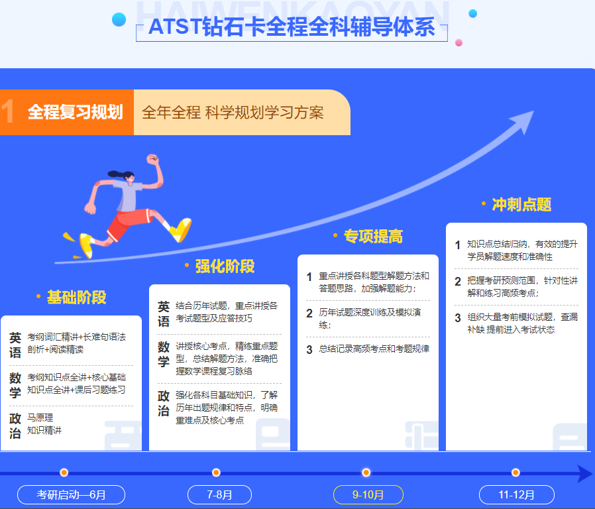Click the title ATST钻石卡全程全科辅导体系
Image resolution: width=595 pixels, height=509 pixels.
[x=292, y=27]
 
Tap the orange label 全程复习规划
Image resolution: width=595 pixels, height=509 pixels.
[x=76, y=112]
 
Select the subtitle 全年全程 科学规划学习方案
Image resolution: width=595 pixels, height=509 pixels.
[x=233, y=113]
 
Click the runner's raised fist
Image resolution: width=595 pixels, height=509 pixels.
[x=153, y=159]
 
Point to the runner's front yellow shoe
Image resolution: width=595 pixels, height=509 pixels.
[x=181, y=229]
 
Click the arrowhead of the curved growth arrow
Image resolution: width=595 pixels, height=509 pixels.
[x=523, y=121]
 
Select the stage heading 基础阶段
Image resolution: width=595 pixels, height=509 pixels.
[x=76, y=297]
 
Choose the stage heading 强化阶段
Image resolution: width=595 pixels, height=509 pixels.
[x=225, y=266]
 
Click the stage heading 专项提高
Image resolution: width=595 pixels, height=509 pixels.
[x=373, y=236]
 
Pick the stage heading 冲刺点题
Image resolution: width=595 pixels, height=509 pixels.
[x=521, y=204]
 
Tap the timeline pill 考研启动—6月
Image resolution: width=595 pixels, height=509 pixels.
[x=72, y=495]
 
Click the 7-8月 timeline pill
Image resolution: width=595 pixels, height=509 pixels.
[x=220, y=495]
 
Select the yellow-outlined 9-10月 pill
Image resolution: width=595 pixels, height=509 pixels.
[x=368, y=495]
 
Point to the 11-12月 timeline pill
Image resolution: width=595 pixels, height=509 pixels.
[x=517, y=495]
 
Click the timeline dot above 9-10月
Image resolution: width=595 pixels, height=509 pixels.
[x=366, y=473]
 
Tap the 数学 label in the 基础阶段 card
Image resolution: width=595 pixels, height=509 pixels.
[x=15, y=384]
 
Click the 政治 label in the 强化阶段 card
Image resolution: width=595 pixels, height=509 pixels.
[x=164, y=403]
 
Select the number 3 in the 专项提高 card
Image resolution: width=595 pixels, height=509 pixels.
[x=309, y=349]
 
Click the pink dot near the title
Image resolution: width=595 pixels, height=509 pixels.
[x=459, y=42]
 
